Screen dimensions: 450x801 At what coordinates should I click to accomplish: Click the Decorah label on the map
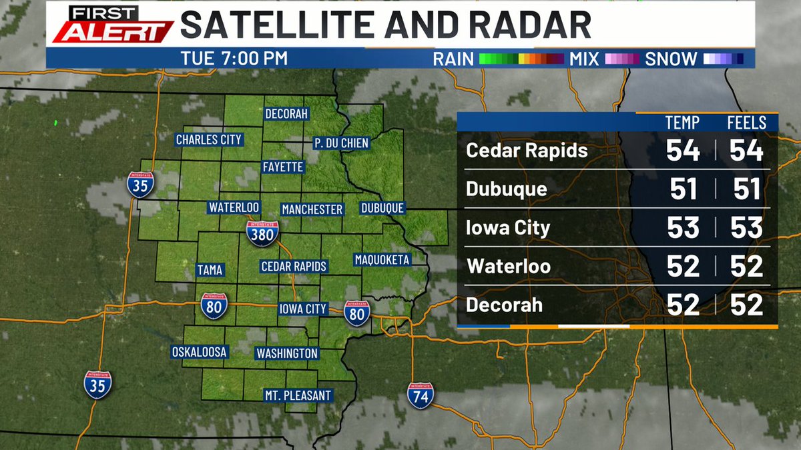pyautogui.click(x=286, y=113)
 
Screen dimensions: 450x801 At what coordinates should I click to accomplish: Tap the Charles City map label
pyautogui.click(x=208, y=139)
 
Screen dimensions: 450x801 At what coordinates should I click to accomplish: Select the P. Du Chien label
pyautogui.click(x=341, y=143)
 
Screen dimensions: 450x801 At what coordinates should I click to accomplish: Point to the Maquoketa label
pyautogui.click(x=382, y=259)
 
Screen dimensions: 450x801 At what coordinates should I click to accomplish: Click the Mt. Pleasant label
pyautogui.click(x=297, y=395)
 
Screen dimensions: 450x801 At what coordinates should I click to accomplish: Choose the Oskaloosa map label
pyautogui.click(x=200, y=351)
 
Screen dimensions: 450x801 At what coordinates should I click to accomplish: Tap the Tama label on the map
pyautogui.click(x=210, y=270)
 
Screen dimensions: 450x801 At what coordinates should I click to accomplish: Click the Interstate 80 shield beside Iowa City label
pyautogui.click(x=357, y=313)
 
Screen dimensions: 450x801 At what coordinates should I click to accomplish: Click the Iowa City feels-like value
pyautogui.click(x=746, y=228)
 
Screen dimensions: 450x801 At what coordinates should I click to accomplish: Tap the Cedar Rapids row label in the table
pyautogui.click(x=527, y=151)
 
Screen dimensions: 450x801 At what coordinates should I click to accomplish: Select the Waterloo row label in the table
pyautogui.click(x=509, y=267)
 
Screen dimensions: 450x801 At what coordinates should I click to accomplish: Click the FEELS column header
pyautogui.click(x=746, y=123)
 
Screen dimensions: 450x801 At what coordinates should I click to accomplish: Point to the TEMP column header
pyautogui.click(x=683, y=123)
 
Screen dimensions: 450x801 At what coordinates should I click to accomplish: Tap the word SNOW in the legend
pyautogui.click(x=671, y=59)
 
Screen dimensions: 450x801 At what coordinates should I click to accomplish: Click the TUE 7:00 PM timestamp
pyautogui.click(x=234, y=59)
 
